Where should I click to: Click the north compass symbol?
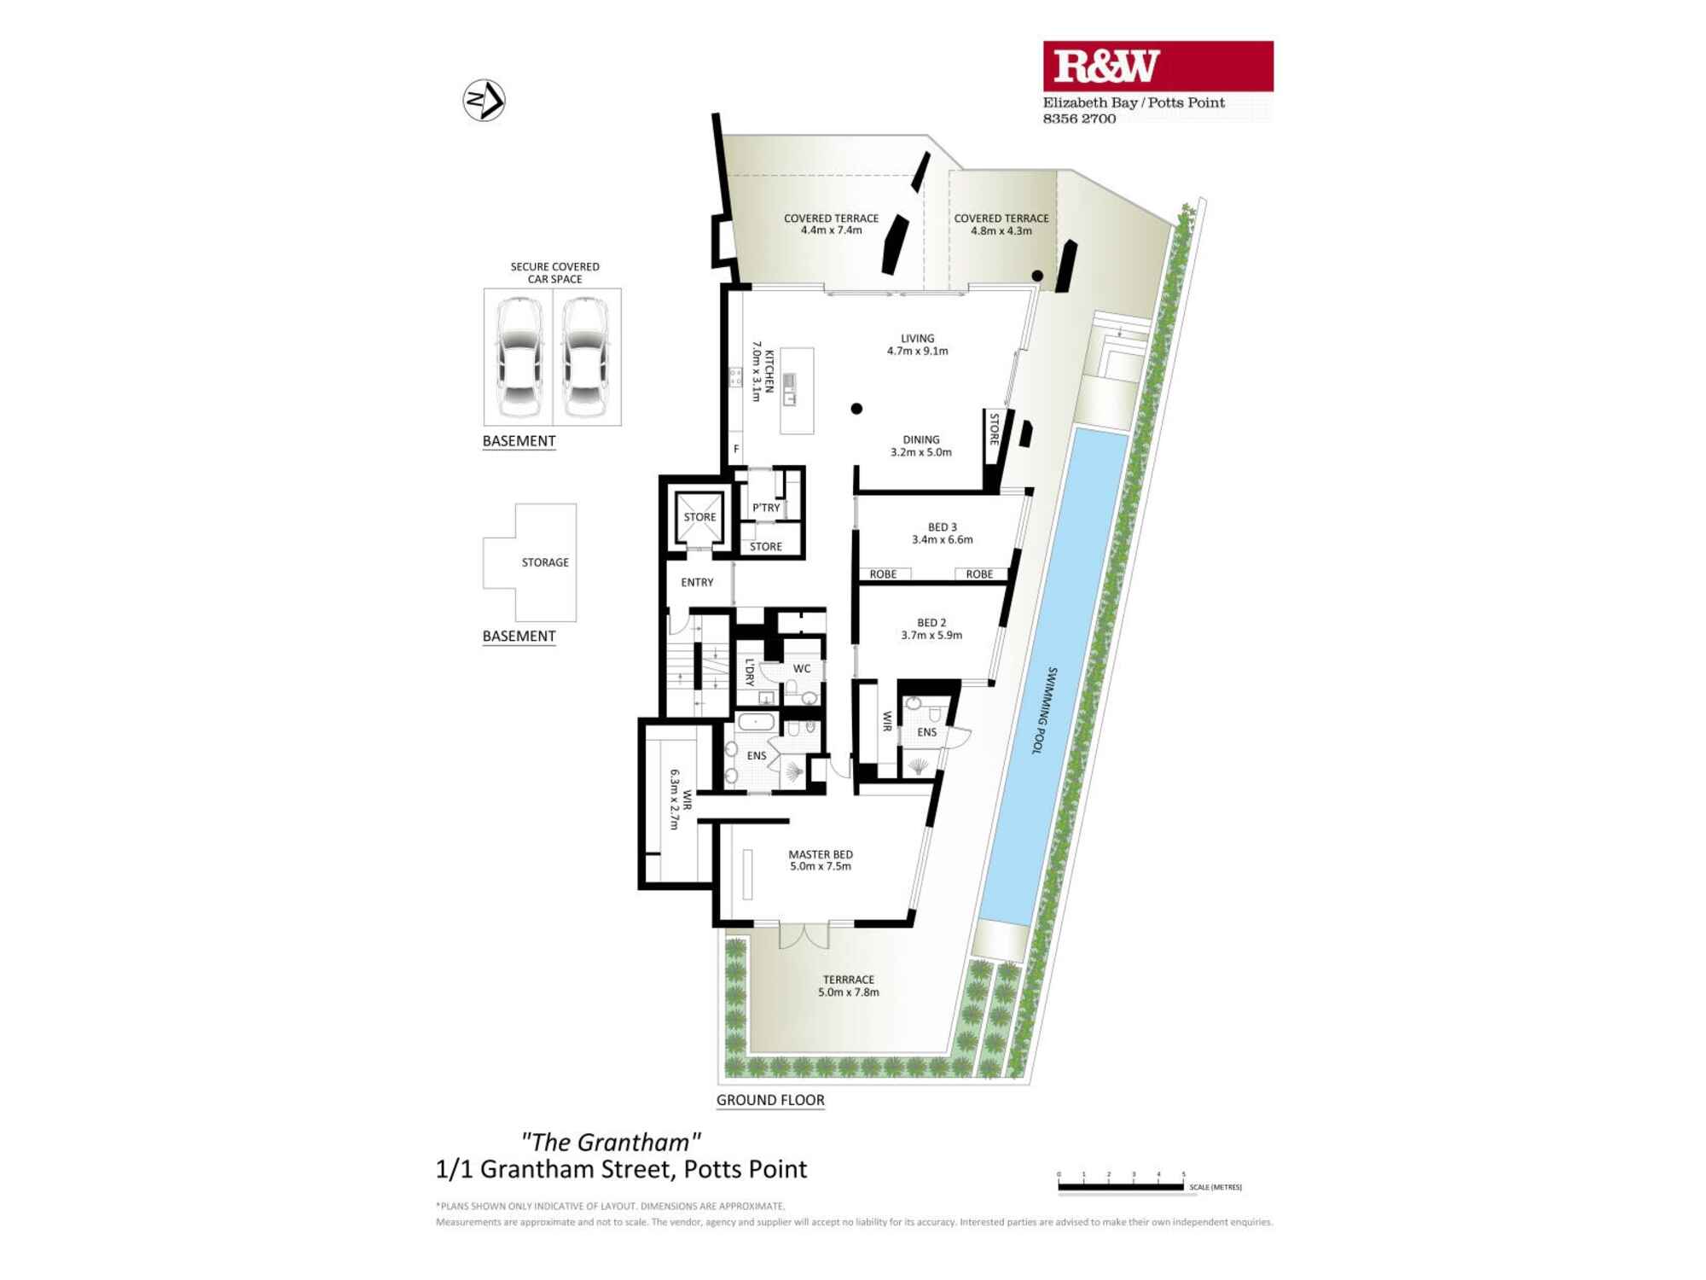click(484, 101)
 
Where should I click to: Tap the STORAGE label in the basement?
click(545, 562)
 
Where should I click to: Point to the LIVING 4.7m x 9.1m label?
click(917, 345)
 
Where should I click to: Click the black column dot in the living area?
click(856, 409)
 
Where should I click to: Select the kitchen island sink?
click(789, 389)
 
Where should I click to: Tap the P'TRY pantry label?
click(766, 508)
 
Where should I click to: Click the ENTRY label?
click(697, 582)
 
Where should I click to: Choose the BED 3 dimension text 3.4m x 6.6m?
click(942, 539)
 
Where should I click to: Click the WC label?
click(802, 668)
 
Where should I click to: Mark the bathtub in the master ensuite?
click(756, 722)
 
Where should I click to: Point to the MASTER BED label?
click(820, 854)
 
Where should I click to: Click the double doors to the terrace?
click(804, 935)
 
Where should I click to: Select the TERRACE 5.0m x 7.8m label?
click(848, 986)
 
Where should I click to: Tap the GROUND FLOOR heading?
click(770, 1100)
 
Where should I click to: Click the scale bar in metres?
click(1121, 1186)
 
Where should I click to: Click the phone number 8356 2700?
click(1079, 119)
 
